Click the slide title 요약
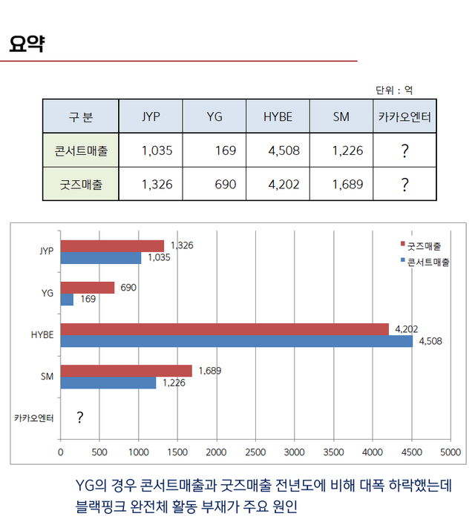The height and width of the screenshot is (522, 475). coord(27,44)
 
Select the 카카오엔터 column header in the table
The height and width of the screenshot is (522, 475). coord(404,117)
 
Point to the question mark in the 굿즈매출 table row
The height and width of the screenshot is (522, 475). coord(404,185)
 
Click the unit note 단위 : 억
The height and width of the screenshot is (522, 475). coord(394,90)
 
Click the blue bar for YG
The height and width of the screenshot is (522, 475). coord(67,300)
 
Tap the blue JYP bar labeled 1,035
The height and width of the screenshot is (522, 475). coord(101,258)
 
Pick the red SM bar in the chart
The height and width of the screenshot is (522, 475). coord(126,371)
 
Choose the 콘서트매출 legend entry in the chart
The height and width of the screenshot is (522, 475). coord(427,262)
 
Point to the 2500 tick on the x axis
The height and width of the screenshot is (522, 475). coord(255,452)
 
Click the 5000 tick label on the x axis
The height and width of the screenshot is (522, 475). coord(451,452)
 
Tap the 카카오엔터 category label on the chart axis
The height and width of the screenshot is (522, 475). coord(34,418)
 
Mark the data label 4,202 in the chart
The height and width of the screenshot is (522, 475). coord(407,328)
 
